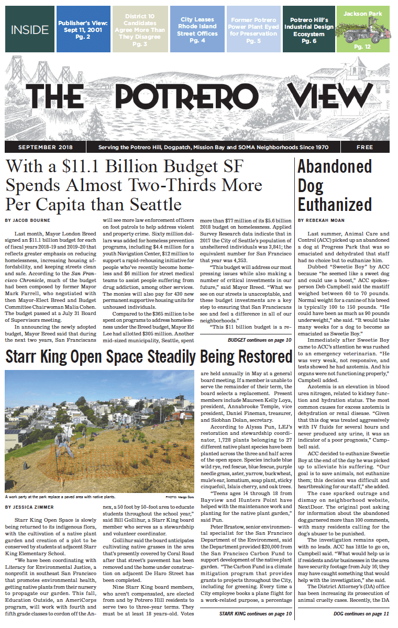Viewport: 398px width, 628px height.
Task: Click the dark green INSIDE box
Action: click(x=29, y=29)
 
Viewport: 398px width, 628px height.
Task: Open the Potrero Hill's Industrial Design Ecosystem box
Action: click(x=308, y=29)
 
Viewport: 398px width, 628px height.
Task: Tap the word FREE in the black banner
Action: click(x=364, y=148)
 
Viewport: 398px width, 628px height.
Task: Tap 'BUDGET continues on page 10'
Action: click(x=260, y=340)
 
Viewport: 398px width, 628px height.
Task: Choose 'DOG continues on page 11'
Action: click(x=361, y=613)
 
